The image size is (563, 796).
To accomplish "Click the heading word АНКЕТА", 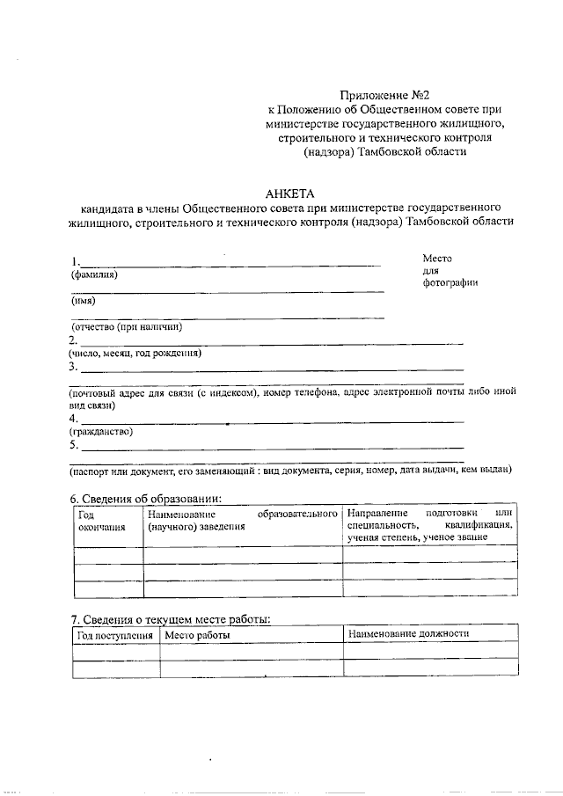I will pyautogui.click(x=289, y=194).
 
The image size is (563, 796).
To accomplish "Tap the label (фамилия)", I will pyautogui.click(x=93, y=274).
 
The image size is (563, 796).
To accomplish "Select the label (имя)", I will pyautogui.click(x=84, y=301).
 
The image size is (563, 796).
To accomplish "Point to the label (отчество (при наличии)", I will pyautogui.click(x=126, y=326).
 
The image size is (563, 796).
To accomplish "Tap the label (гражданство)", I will pyautogui.click(x=101, y=432).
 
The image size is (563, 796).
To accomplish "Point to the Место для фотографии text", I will pyautogui.click(x=450, y=270).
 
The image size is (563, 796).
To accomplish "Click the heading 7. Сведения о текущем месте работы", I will pyautogui.click(x=170, y=620).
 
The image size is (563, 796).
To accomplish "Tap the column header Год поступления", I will pyautogui.click(x=115, y=634).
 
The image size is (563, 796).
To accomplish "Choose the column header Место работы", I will pyautogui.click(x=198, y=634).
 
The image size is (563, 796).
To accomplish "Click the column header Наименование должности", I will pyautogui.click(x=408, y=633).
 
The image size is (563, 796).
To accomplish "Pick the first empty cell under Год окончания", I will pyautogui.click(x=106, y=554).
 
